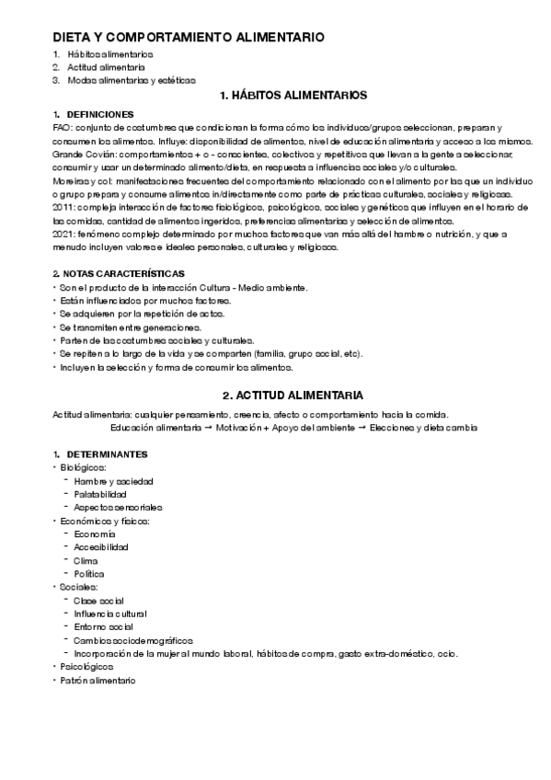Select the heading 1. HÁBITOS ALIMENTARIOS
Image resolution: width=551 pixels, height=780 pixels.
293,96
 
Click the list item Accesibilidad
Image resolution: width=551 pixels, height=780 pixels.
101,547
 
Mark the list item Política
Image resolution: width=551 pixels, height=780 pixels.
89,574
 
